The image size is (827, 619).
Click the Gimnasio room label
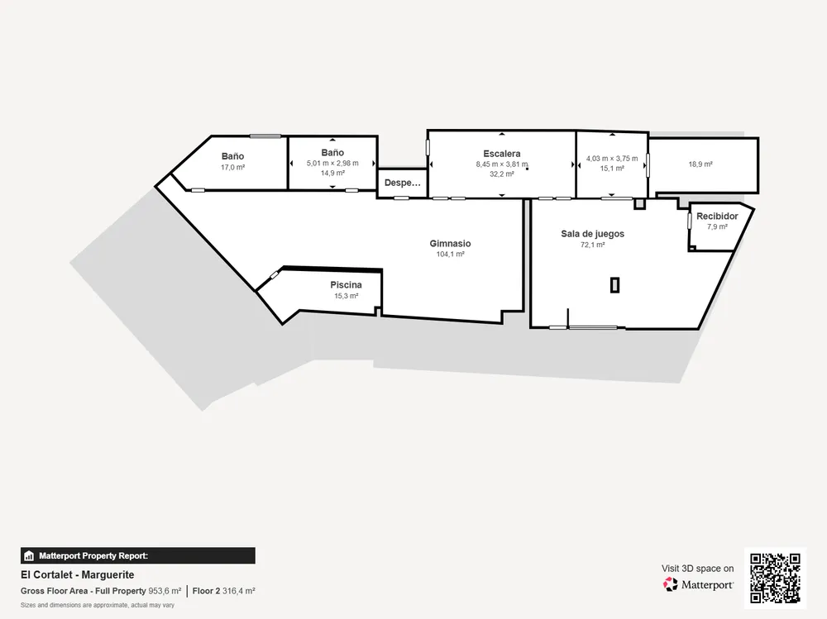(450, 244)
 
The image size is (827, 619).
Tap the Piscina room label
(346, 285)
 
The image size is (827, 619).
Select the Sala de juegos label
(592, 234)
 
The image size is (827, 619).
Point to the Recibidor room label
(717, 217)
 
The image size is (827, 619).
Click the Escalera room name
(502, 154)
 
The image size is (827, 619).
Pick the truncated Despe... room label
(403, 183)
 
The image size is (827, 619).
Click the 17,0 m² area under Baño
(232, 167)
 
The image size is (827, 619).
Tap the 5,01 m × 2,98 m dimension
(332, 163)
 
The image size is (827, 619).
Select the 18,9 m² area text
(700, 164)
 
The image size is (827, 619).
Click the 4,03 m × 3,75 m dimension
(612, 158)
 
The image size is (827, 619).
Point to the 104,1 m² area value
(450, 255)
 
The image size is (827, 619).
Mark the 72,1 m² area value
(592, 245)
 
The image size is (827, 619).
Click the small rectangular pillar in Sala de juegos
(614, 285)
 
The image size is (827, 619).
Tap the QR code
(776, 578)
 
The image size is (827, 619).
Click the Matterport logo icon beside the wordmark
(671, 584)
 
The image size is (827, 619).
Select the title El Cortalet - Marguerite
(78, 574)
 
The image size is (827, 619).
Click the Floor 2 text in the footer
(206, 591)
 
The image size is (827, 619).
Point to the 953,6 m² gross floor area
(165, 591)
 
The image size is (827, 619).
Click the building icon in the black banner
(29, 555)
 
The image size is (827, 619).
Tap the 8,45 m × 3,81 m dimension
(502, 164)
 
